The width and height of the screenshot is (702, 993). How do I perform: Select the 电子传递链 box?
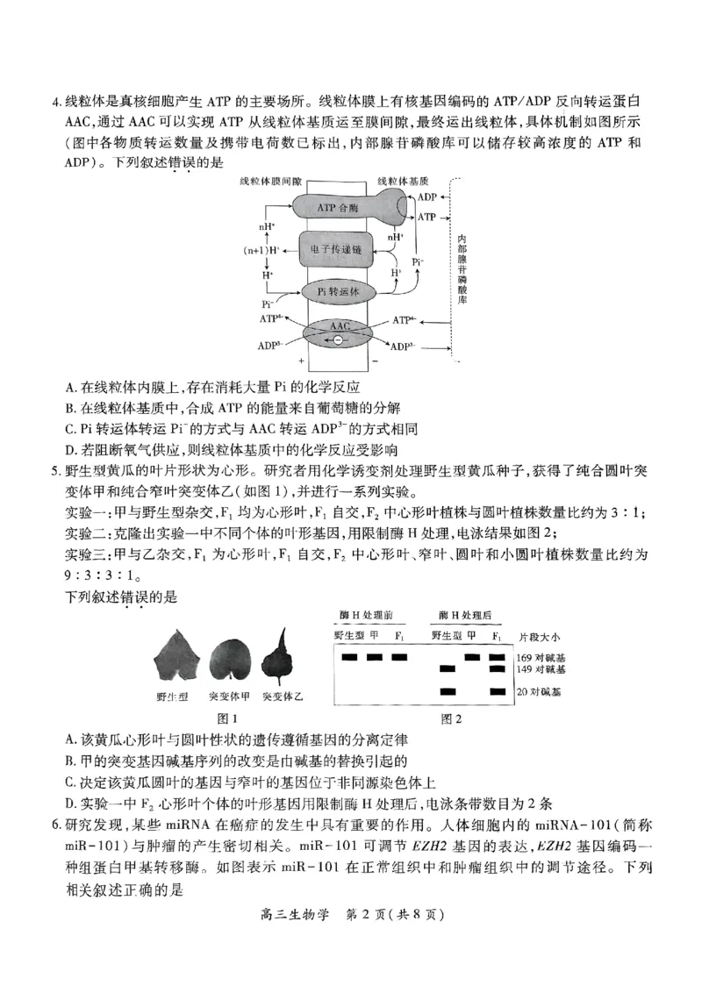338,250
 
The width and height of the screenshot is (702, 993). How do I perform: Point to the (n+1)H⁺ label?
261,250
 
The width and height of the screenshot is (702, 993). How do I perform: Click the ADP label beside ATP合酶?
426,197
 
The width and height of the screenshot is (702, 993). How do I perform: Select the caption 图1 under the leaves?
216,718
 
